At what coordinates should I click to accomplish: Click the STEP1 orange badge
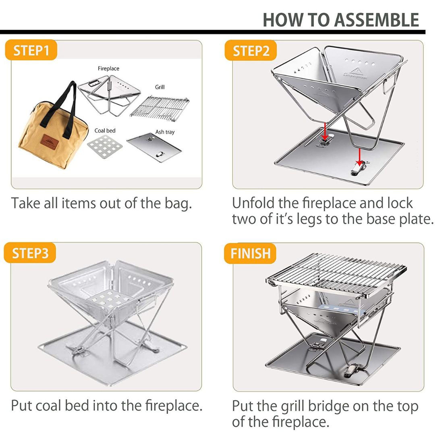(31, 51)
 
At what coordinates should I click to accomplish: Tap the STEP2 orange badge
(251, 51)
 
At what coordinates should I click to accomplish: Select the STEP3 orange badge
(30, 253)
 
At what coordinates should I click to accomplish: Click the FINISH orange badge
(250, 253)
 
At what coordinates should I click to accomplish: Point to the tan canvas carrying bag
(52, 129)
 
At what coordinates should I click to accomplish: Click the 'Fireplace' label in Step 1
(108, 68)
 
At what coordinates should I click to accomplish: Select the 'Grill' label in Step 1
(160, 87)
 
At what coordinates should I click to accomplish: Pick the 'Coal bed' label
(105, 130)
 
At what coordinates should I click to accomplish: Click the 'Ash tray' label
(165, 132)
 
